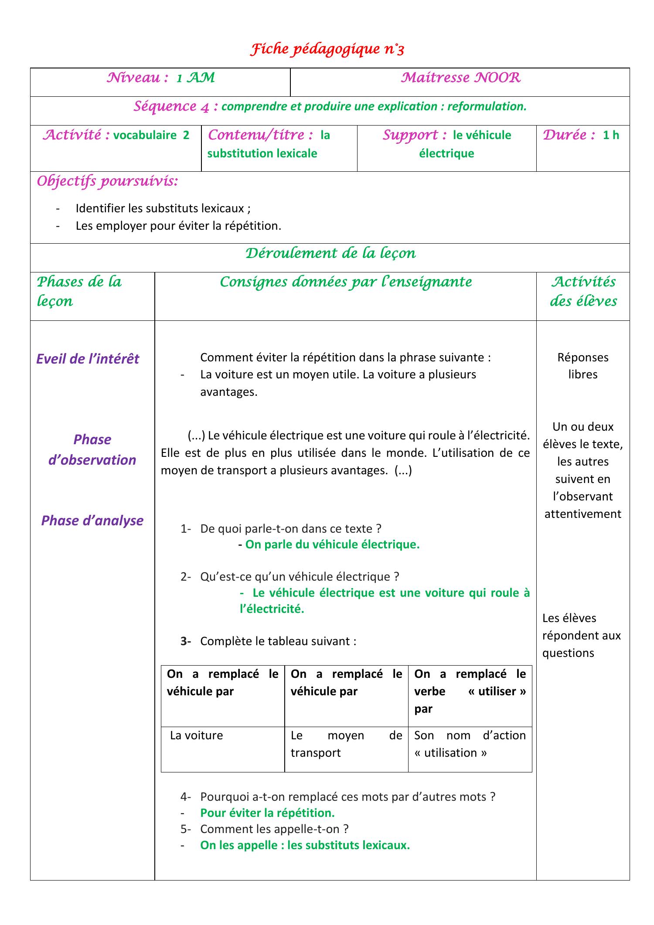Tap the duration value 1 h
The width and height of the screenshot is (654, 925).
point(610,135)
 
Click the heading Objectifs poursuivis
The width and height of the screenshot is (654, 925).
point(107,181)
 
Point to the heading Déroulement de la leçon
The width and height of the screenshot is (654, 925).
point(330,253)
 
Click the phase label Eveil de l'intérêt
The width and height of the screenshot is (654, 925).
point(88,359)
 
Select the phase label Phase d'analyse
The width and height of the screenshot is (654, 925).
point(92,520)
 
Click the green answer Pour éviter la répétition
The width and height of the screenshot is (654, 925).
point(267,813)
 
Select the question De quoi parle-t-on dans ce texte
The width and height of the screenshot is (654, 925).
point(290,529)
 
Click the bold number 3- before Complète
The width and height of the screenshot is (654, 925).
point(186,641)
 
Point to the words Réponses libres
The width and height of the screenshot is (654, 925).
point(582,366)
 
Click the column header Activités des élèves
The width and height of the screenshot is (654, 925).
point(583,291)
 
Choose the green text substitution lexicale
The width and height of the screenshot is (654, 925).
point(262,153)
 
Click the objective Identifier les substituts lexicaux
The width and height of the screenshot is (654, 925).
point(163,208)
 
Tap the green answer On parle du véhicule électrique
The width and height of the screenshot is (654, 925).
point(332,544)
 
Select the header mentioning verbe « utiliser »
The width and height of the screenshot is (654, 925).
point(470,691)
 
